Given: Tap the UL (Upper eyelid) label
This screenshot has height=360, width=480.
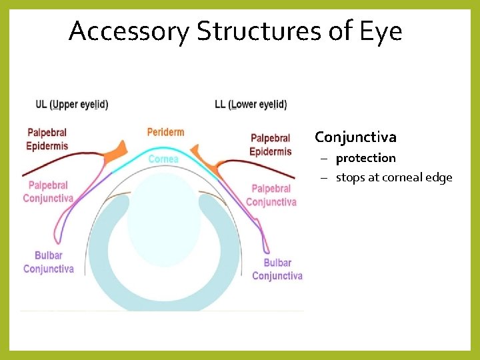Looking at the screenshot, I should coord(72,105).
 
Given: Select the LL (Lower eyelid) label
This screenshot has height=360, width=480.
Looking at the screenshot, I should coord(251,105).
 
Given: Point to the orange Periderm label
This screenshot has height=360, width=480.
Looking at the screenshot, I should coord(165,132).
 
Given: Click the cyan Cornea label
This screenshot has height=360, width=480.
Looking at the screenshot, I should coord(163,159).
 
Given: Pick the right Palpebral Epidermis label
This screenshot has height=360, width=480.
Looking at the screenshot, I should coord(271,145).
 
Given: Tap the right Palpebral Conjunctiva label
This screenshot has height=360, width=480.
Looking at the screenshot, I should coord(271,195).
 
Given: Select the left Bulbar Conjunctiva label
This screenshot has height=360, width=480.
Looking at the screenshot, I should coord(49,262).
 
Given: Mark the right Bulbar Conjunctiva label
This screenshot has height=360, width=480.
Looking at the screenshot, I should coord(277,269).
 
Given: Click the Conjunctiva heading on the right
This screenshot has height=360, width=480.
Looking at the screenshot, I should coord(355,137).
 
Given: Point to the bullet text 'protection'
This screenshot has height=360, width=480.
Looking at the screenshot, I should coord(365,158).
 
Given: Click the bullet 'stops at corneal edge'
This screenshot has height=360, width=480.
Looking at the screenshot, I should coord(393,177).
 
